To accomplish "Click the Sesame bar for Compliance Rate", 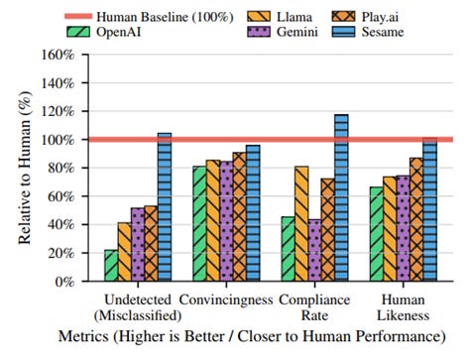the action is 341,197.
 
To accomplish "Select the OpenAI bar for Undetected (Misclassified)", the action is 111,266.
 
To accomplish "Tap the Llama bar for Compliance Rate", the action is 301,224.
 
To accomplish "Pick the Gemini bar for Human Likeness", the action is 404,228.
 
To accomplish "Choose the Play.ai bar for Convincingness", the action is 239,217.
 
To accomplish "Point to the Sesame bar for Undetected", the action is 165,207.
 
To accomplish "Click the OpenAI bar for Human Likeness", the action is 377,234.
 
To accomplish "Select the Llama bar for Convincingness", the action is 213,220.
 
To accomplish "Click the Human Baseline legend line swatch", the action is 78,16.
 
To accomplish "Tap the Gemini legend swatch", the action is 259,32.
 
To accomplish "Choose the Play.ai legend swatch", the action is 344,17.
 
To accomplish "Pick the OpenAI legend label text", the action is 119,32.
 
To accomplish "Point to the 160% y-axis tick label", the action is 58,55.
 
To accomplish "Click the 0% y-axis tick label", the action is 64,282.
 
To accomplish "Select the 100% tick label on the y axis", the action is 58,140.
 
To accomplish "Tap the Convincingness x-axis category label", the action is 226,300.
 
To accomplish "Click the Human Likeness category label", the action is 404,307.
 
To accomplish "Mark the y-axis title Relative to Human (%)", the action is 25,168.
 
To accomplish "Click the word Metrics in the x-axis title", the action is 83,336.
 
